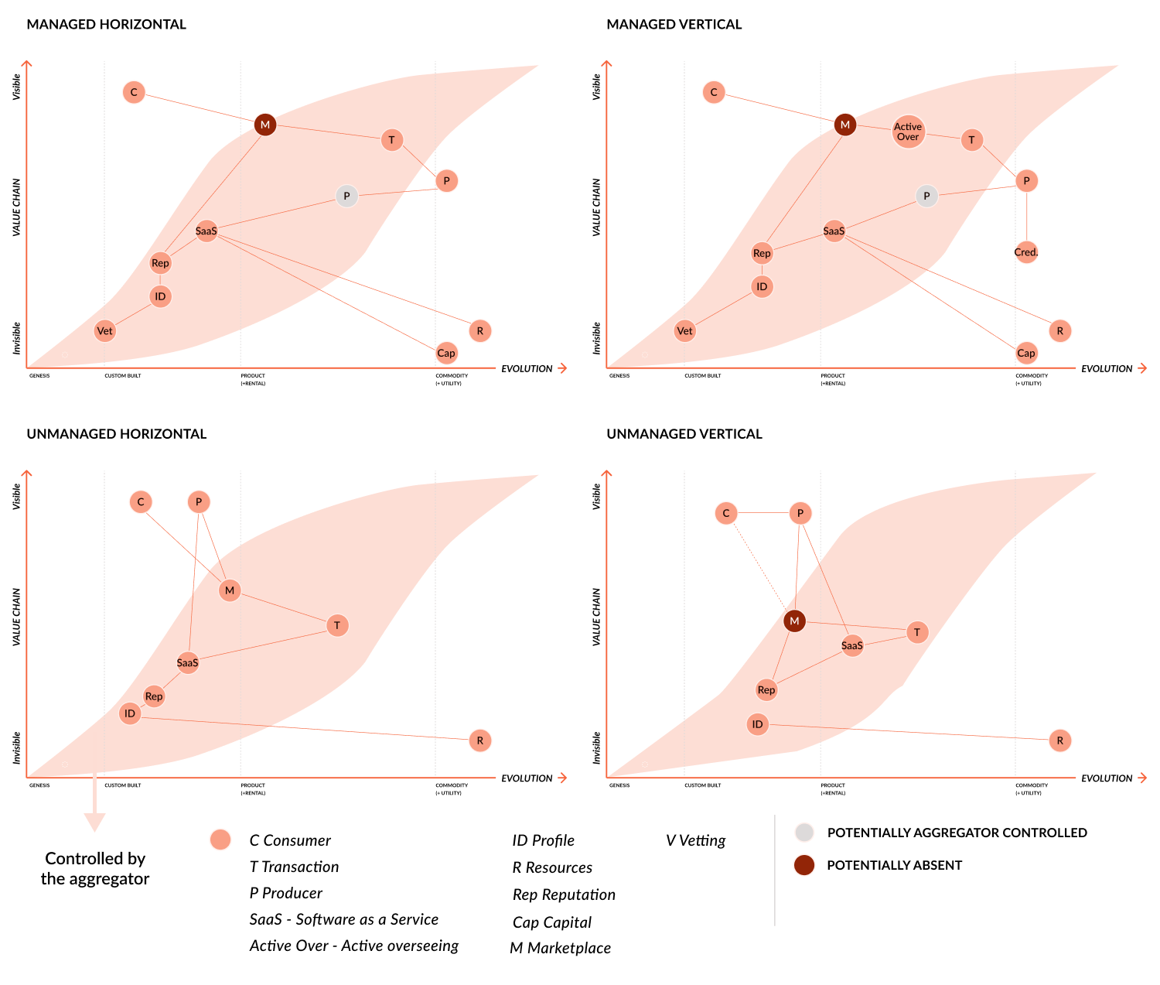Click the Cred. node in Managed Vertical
[1026, 252]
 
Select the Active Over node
[908, 132]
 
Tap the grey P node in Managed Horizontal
[347, 197]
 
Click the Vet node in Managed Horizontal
[104, 331]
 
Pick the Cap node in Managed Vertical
[1026, 354]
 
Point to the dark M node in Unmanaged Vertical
[794, 621]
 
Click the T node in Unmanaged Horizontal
[337, 625]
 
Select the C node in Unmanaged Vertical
[726, 513]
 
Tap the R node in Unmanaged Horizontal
[480, 740]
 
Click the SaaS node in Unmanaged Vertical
[852, 645]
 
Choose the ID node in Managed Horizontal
[160, 296]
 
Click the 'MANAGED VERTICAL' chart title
[674, 25]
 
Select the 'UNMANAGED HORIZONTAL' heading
[117, 434]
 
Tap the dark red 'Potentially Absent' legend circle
[804, 865]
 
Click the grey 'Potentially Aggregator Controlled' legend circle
[804, 833]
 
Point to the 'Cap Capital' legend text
[552, 922]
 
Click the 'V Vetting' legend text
[696, 840]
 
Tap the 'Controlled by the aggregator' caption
[95, 868]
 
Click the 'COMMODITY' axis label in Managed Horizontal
[452, 375]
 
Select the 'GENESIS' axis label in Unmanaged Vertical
[619, 785]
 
